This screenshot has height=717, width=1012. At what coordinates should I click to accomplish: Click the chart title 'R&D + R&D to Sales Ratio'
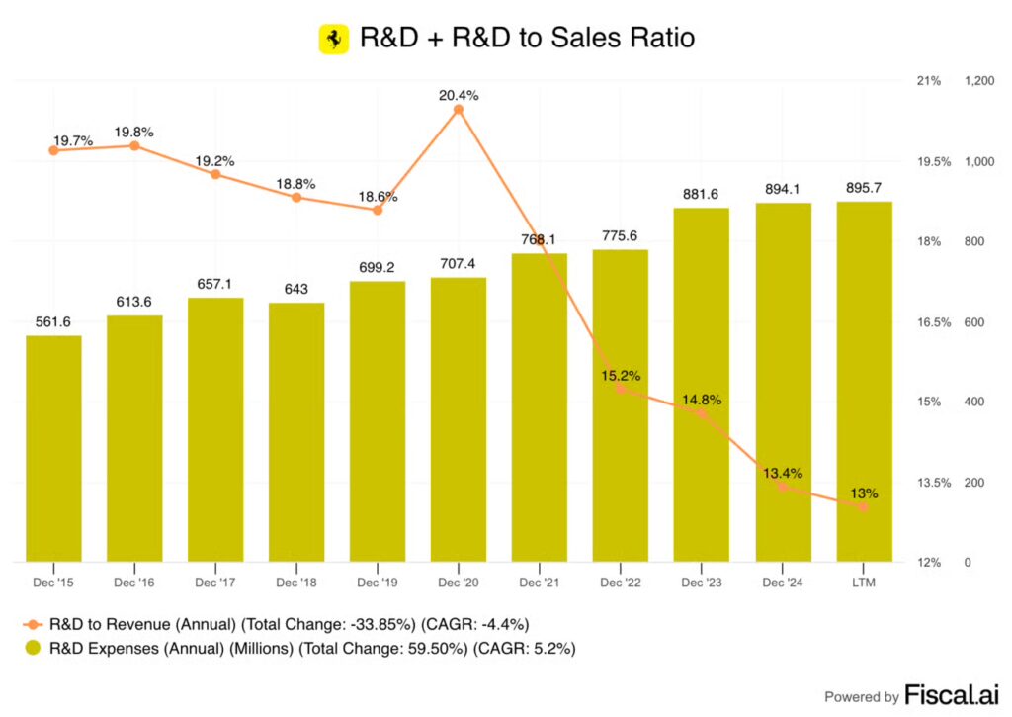pyautogui.click(x=527, y=39)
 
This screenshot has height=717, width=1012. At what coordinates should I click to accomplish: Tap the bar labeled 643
pyautogui.click(x=296, y=432)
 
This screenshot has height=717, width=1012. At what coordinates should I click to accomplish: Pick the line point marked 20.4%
pyautogui.click(x=459, y=110)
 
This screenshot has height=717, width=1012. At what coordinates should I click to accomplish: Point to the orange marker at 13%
pyautogui.click(x=863, y=506)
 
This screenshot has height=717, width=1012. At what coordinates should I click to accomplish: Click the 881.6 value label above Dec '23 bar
pyautogui.click(x=701, y=194)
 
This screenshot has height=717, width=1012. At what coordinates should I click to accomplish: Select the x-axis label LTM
pyautogui.click(x=863, y=583)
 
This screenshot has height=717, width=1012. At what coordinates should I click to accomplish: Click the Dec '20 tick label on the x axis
pyautogui.click(x=459, y=583)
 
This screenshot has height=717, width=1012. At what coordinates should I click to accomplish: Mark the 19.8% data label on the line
pyautogui.click(x=134, y=132)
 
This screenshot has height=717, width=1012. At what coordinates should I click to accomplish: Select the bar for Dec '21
pyautogui.click(x=540, y=407)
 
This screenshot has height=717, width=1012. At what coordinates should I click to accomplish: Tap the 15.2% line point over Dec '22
pyautogui.click(x=621, y=389)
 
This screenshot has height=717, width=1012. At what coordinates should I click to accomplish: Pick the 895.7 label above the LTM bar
pyautogui.click(x=863, y=187)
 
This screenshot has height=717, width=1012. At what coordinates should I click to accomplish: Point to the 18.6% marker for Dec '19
pyautogui.click(x=378, y=210)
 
